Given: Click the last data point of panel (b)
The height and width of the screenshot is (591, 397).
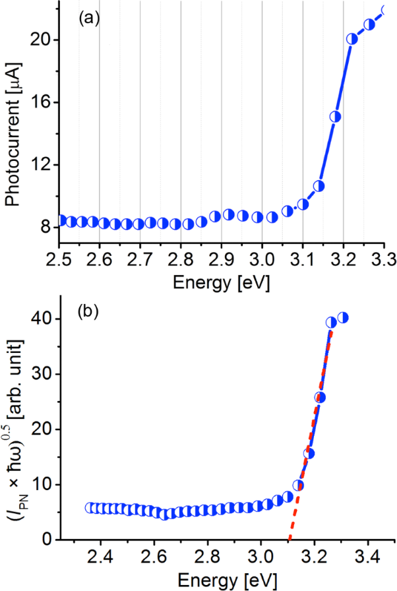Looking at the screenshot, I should (343, 318).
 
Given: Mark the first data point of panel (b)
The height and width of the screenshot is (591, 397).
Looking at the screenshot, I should (90, 507).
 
